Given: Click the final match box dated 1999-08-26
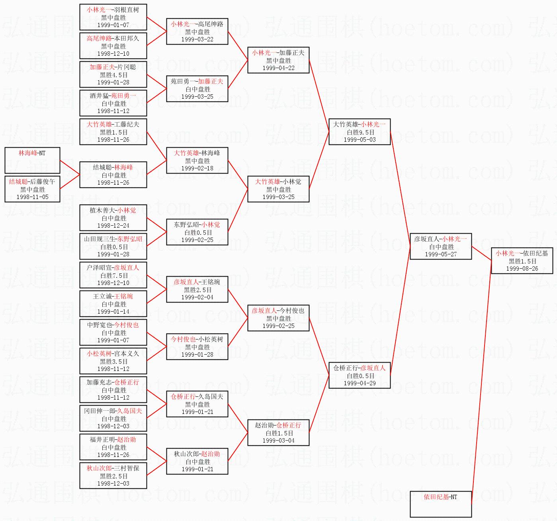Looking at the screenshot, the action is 522,261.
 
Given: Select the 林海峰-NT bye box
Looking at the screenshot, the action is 32,160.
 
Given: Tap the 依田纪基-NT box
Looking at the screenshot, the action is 441,504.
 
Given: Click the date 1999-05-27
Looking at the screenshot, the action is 441,254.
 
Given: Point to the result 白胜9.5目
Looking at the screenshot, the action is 360,132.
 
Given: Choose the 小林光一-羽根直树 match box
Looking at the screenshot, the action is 113,17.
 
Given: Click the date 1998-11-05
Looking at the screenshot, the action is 32,197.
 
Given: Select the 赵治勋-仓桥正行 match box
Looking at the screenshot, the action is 278,433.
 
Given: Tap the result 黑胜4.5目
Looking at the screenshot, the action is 114,75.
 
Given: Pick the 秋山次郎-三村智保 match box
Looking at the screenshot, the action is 113,476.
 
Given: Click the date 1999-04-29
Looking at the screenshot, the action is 360,383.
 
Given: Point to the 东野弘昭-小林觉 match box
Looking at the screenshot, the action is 197,232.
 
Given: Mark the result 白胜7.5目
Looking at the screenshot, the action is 114,275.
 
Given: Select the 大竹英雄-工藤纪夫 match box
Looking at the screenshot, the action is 113,132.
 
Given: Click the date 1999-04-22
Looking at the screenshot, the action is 278,68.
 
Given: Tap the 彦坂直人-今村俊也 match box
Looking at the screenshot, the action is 278,318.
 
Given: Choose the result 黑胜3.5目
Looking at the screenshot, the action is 114,361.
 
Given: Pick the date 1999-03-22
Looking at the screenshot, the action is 197,39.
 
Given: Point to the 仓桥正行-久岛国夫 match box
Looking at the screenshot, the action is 197,404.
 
